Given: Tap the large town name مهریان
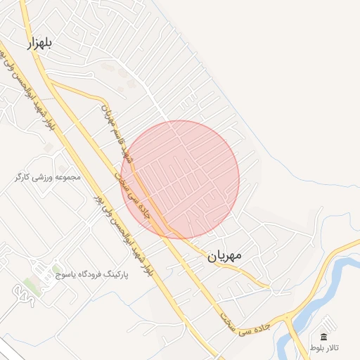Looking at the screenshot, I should point(224,256).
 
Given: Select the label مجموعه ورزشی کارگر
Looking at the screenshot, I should point(48,177).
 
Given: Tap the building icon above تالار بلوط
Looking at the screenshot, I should point(324,337).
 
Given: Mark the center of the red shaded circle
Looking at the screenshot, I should point(180,179).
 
